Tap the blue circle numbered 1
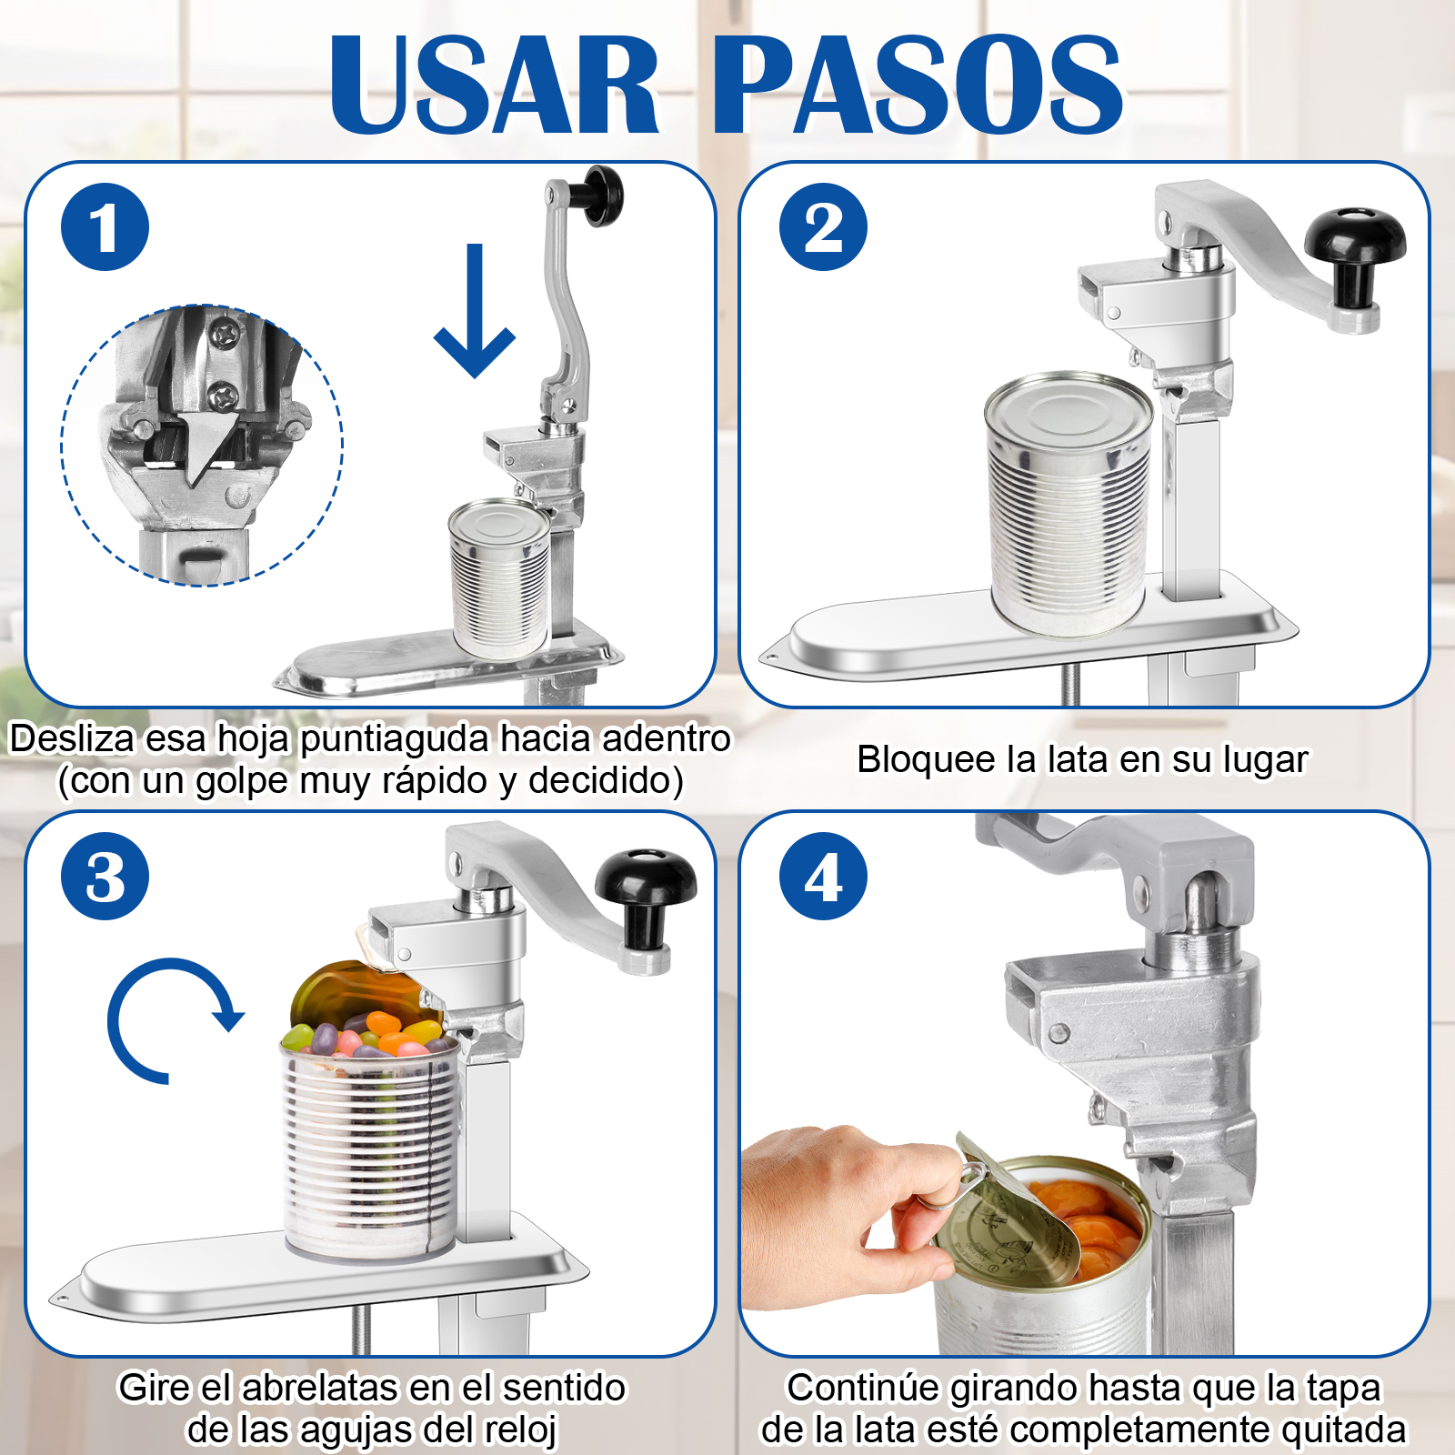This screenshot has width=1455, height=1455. (x=105, y=226)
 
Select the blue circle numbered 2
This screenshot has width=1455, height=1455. (x=823, y=226)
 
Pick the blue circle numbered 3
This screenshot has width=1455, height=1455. (x=105, y=876)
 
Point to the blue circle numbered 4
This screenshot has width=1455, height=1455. (x=823, y=876)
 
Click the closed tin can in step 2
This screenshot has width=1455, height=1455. (x=1069, y=505)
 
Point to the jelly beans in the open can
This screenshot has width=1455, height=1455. (x=364, y=1037)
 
